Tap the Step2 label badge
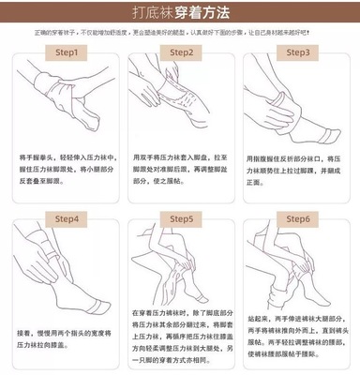point(179,53)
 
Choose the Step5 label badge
point(179,220)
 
